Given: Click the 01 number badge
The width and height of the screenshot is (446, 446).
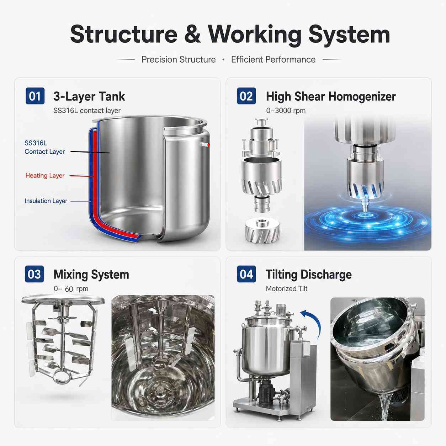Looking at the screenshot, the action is pyautogui.click(x=35, y=96).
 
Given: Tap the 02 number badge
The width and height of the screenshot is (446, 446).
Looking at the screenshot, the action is pyautogui.click(x=246, y=96).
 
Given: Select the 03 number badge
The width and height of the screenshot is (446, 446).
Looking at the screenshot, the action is pyautogui.click(x=34, y=274).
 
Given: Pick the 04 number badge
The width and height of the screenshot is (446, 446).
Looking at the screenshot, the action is pyautogui.click(x=246, y=274).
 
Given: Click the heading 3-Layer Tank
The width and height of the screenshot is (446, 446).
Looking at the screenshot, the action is pyautogui.click(x=89, y=96).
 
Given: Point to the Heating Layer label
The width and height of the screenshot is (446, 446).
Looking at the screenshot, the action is pyautogui.click(x=45, y=175).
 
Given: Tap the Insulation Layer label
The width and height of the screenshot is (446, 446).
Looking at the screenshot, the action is pyautogui.click(x=46, y=201).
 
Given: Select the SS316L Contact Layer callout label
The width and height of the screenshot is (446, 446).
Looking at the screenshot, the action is pyautogui.click(x=44, y=147).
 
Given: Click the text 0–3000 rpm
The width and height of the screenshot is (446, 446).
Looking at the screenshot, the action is pyautogui.click(x=286, y=111).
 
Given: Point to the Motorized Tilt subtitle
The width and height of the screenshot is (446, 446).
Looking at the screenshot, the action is pyautogui.click(x=287, y=288).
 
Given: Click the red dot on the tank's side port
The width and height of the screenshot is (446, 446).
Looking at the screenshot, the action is pyautogui.click(x=208, y=145).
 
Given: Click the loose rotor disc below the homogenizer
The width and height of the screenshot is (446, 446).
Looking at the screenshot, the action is pyautogui.click(x=262, y=231).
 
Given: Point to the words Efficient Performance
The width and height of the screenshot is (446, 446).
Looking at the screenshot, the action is pyautogui.click(x=273, y=59).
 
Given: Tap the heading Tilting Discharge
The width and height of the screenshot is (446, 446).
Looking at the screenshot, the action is pyautogui.click(x=308, y=275).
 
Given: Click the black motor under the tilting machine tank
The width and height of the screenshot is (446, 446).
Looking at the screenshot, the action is pyautogui.click(x=266, y=392).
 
